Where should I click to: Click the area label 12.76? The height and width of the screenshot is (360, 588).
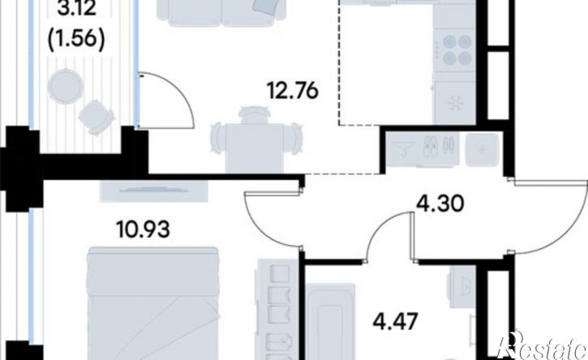click(x=293, y=91)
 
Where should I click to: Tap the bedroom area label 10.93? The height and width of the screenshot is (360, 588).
click(x=143, y=229)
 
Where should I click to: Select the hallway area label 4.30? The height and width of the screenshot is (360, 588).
click(x=440, y=204)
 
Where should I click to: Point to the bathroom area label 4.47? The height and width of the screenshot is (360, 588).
click(x=395, y=321)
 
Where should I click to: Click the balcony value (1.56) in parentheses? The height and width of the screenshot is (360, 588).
click(x=76, y=39)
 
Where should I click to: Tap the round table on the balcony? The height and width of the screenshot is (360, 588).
click(x=65, y=87)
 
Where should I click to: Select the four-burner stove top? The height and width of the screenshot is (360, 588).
click(x=454, y=49)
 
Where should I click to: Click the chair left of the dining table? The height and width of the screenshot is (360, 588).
click(x=217, y=138)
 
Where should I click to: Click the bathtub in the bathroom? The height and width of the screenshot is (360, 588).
click(x=330, y=321)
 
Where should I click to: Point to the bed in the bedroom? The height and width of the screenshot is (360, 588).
click(x=152, y=303)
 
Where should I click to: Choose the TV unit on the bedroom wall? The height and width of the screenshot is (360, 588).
click(x=154, y=191)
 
